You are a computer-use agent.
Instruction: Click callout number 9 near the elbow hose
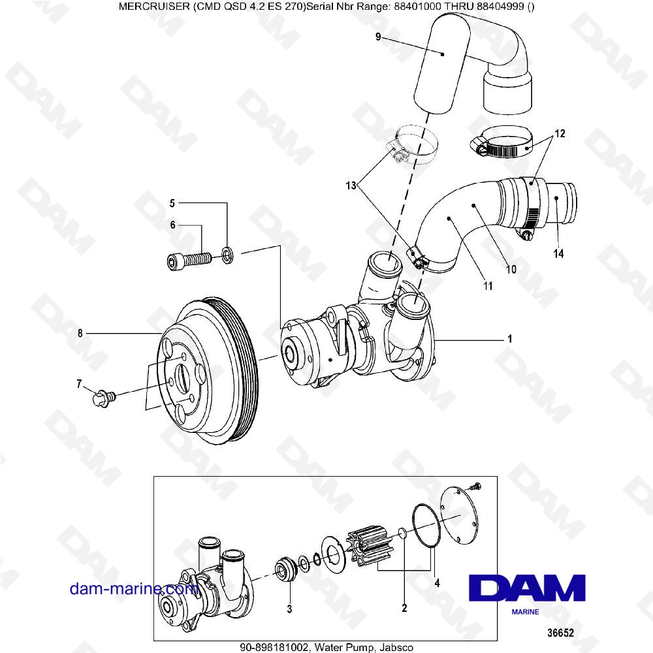click(378, 37)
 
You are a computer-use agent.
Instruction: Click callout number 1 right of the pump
click(509, 340)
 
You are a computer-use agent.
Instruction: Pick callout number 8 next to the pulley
click(80, 334)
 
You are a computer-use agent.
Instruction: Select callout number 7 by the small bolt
click(80, 385)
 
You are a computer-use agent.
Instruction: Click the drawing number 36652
click(560, 633)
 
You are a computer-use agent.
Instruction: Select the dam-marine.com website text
click(134, 588)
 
